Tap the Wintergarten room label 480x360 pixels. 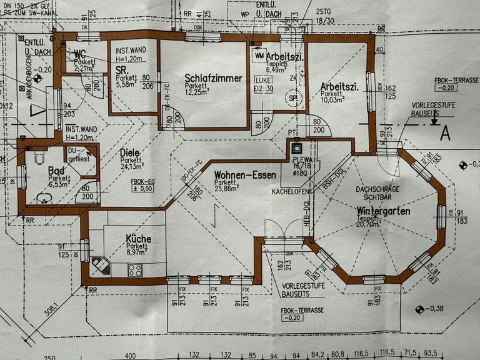[x=383, y=211]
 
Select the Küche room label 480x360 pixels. [x=138, y=238]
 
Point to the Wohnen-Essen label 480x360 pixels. [x=244, y=175]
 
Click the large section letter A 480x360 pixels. [x=446, y=133]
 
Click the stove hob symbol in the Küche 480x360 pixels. [x=134, y=270]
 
